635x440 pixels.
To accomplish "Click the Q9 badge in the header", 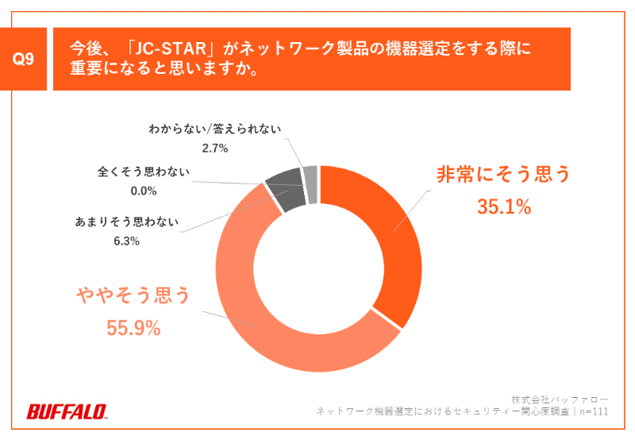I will (23, 60).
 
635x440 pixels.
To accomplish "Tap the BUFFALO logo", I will (67, 411).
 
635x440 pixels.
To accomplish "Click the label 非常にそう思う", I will (503, 175).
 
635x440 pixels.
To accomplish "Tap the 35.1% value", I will (503, 207).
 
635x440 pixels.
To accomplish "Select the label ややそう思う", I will (134, 295).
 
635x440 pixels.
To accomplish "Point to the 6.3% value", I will (128, 241).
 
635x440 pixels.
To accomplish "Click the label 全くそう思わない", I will (144, 172).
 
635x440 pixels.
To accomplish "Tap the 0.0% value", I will (144, 191).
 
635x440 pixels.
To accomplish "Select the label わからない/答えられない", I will (215, 129).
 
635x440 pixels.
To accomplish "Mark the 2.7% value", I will (215, 148).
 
